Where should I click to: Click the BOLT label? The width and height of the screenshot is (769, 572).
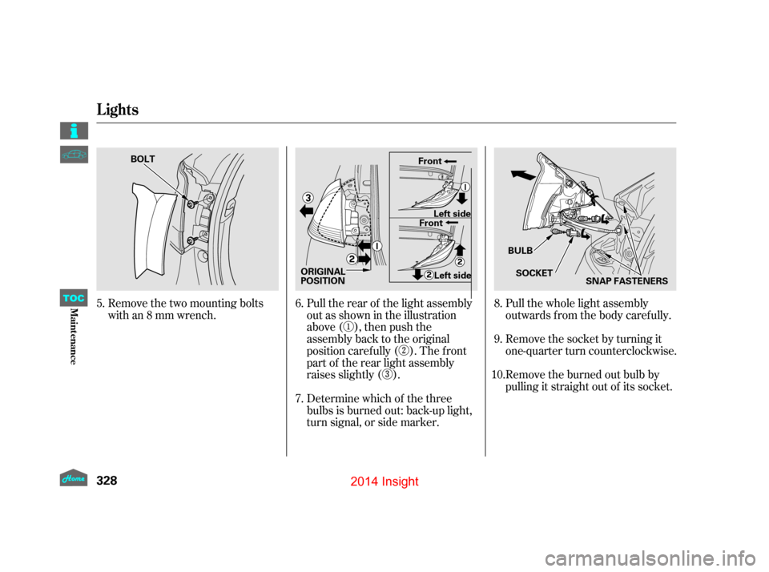[x=143, y=159]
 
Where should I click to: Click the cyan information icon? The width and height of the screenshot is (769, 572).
[x=74, y=131]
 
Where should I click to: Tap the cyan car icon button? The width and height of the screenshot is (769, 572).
[x=74, y=155]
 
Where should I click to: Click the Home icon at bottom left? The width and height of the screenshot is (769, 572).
[x=74, y=477]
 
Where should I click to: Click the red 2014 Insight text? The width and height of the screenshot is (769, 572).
[x=385, y=481]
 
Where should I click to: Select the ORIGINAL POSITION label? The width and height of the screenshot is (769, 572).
[x=323, y=276]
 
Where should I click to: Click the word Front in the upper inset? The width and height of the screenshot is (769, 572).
[x=430, y=161]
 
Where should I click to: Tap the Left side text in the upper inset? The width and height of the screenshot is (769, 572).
[x=452, y=213]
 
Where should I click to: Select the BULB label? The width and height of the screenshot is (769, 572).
[x=520, y=251]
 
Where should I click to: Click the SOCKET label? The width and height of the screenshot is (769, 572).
[x=534, y=273]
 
